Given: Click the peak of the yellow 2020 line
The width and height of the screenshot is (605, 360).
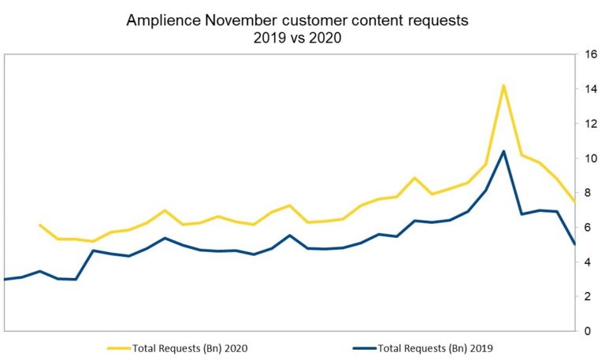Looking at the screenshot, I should [503, 85].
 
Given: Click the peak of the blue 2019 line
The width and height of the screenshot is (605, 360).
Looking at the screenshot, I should [503, 151].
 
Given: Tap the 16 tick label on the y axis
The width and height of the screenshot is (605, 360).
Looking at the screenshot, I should [590, 55].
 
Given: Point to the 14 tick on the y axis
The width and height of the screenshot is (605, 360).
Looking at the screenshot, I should [590, 90].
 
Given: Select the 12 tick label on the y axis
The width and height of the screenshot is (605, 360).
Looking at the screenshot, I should [590, 124].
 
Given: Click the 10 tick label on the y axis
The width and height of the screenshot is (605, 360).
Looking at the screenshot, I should [590, 158].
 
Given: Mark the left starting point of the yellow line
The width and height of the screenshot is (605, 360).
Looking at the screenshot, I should [39, 225].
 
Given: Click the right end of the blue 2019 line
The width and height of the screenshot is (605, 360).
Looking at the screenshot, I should [574, 243].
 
